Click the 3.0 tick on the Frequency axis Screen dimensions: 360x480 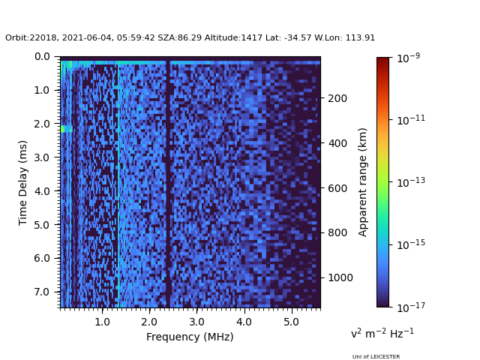(x=196, y=321)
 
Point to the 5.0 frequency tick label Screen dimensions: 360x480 (x=291, y=321)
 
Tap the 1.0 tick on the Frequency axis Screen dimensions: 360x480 (x=102, y=321)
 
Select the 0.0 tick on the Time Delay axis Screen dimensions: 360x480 (x=42, y=56)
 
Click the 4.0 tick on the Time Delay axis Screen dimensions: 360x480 (x=42, y=191)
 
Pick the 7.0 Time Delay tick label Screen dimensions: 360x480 (x=42, y=292)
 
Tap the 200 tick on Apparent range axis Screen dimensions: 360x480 (x=337, y=98)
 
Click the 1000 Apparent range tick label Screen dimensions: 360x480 (x=339, y=277)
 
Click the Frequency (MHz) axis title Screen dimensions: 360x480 (x=190, y=337)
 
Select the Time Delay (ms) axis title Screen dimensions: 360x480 (x=23, y=182)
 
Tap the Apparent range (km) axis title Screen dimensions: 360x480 (x=363, y=181)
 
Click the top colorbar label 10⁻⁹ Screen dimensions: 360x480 (x=407, y=58)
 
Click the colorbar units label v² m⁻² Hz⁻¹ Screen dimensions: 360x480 (x=382, y=333)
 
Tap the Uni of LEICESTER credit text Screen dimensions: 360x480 (x=376, y=357)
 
